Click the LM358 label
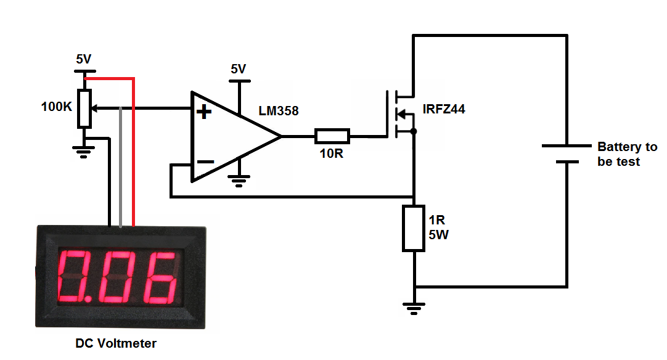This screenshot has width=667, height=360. tap(278, 112)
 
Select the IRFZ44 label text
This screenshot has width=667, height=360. tap(444, 110)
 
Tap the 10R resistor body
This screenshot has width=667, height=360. tap(332, 136)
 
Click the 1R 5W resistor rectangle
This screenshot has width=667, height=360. tap(414, 228)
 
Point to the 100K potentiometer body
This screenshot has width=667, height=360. tap(84, 108)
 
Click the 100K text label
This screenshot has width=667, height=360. tap(57, 107)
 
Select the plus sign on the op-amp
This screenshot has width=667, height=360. tap(204, 112)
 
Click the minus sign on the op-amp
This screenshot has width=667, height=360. tap(205, 162)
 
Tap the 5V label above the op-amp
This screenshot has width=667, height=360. tap(238, 69)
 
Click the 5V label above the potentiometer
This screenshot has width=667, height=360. tap(83, 59)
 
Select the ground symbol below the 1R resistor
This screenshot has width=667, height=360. tap(414, 306)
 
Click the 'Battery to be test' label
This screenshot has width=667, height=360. tap(627, 154)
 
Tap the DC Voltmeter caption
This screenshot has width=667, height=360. tap(116, 343)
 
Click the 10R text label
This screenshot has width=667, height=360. tap(331, 153)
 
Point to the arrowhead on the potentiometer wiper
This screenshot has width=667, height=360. tap(97, 108)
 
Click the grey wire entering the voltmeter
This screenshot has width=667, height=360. tap(121, 185)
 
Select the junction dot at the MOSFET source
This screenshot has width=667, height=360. tap(414, 131)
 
